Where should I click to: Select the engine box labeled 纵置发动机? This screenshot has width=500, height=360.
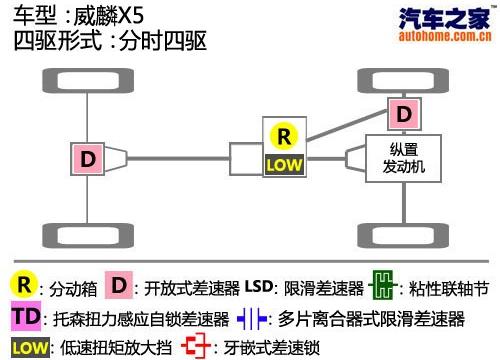tap(403, 158)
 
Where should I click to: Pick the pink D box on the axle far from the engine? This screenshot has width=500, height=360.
tap(88, 158)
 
